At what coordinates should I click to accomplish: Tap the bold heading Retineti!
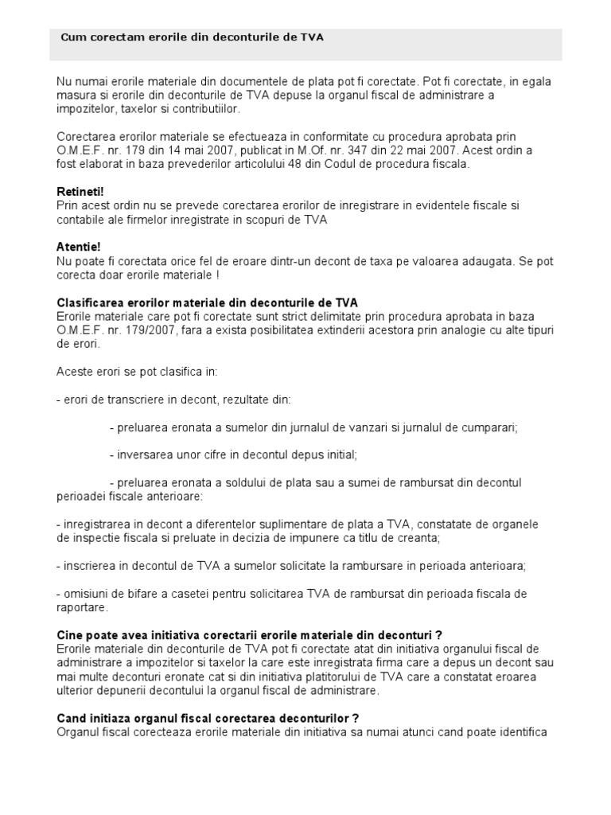(80, 192)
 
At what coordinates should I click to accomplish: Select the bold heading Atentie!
(79, 247)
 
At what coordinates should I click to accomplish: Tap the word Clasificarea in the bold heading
(90, 303)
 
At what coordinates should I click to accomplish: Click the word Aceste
(75, 372)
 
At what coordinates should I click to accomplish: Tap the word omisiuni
(88, 594)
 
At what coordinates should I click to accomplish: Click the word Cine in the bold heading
(70, 635)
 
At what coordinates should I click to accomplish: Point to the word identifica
(522, 731)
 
